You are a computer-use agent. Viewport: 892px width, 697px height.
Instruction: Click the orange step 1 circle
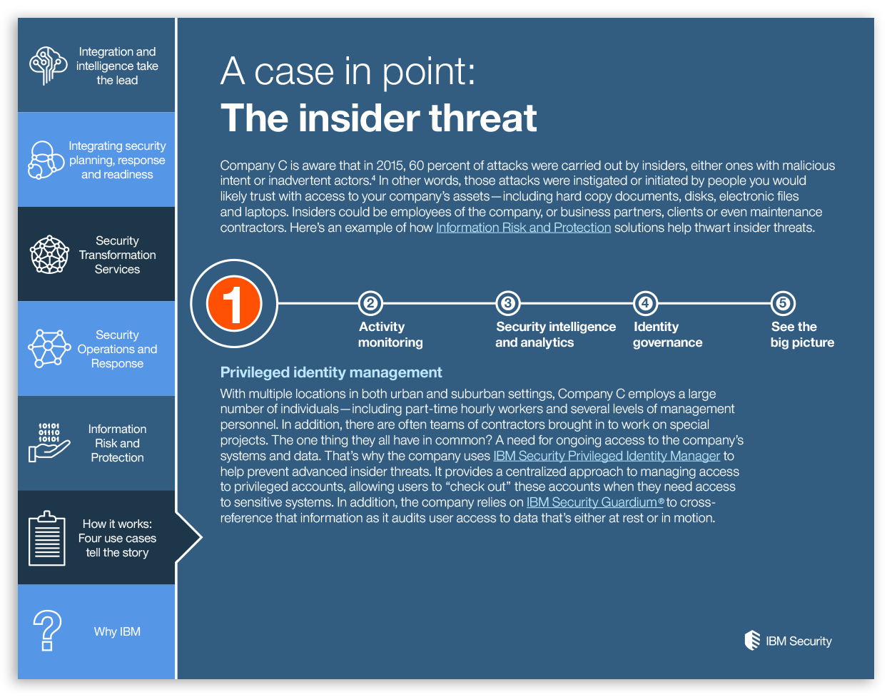tap(234, 304)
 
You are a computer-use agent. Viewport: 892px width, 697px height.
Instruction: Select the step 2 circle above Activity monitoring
tap(370, 304)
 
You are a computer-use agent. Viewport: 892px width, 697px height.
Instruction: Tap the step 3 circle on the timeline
tap(508, 304)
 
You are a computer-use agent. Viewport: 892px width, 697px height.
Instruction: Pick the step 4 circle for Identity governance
tap(646, 304)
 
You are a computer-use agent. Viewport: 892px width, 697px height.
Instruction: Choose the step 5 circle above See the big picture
tap(784, 304)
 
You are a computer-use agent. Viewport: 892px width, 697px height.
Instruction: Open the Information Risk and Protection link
tap(523, 228)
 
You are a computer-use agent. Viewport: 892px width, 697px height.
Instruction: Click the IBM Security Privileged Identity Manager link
tap(607, 456)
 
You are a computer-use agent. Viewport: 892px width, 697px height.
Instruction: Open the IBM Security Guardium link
tap(595, 502)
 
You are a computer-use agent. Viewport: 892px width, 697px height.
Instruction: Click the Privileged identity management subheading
tap(331, 372)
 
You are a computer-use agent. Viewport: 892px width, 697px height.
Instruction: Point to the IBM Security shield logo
tap(752, 641)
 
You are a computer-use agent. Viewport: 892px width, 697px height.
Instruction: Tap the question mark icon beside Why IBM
tap(47, 631)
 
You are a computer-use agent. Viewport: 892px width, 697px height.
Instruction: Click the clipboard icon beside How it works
tap(47, 538)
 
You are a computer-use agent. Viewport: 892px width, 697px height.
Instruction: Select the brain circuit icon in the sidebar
tap(48, 66)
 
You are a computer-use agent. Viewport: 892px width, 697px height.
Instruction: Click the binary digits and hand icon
tap(49, 442)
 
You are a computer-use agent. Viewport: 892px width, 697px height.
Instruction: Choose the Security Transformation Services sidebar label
tap(118, 255)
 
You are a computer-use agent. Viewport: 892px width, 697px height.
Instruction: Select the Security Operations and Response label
tap(118, 349)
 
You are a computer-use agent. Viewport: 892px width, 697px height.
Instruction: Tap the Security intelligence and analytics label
tap(556, 335)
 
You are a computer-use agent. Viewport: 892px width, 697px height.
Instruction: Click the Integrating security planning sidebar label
tap(118, 161)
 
